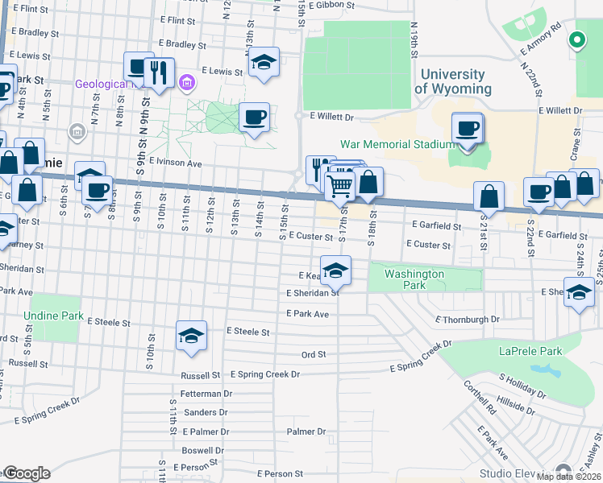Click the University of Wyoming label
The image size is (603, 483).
click(x=452, y=81)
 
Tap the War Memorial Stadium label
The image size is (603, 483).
click(x=397, y=144)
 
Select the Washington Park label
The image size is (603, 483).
click(x=414, y=279)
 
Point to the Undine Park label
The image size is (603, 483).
click(x=53, y=316)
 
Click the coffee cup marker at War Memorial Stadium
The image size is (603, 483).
click(x=468, y=129)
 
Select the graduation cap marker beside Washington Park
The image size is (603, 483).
click(x=336, y=270)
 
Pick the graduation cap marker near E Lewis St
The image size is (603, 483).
click(x=264, y=63)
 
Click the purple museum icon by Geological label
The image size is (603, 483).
click(x=187, y=82)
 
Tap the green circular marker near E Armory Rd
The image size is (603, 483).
click(x=576, y=39)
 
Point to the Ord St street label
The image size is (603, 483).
click(x=313, y=354)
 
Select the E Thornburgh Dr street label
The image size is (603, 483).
click(x=468, y=320)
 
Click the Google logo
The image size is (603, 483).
click(x=26, y=473)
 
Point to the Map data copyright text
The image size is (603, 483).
click(x=569, y=477)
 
